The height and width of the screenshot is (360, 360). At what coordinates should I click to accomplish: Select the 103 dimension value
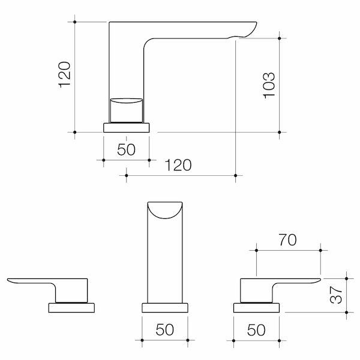coord(269,85)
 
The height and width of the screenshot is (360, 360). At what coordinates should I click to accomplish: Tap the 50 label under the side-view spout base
coord(126,149)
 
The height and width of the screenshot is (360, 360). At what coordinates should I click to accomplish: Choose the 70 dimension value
coord(288,240)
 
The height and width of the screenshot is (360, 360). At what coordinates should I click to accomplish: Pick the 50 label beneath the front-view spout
coord(164,329)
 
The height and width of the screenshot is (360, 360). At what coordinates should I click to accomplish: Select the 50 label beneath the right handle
coord(256,329)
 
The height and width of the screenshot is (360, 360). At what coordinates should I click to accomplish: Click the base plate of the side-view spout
coord(127,127)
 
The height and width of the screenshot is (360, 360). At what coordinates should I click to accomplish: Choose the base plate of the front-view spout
coord(164,308)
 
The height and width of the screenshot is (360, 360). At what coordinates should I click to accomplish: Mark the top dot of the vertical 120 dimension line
coord(74,22)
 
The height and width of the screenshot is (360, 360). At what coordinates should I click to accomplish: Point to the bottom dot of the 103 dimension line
coord(280,131)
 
